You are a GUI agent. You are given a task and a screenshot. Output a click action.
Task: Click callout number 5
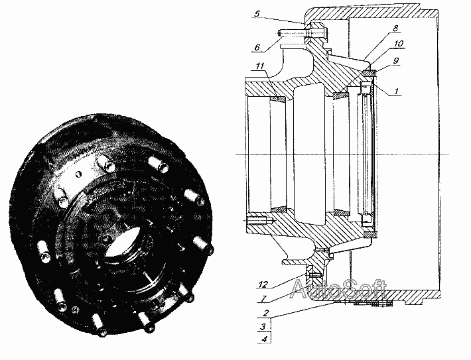tap(257, 14)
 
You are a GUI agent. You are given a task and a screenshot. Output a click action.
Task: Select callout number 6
tap(257, 48)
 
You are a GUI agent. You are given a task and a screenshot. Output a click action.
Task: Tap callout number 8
tap(395, 29)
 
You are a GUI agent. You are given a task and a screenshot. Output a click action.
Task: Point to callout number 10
tap(399, 44)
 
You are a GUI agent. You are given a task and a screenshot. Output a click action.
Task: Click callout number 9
tap(396, 60)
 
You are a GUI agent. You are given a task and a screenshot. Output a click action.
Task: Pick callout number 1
tap(397, 91)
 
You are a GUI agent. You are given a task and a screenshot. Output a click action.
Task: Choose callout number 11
tap(260, 66)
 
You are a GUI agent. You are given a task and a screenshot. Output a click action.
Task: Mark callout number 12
tap(263, 284)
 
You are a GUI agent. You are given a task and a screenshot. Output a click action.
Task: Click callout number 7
tap(264, 299)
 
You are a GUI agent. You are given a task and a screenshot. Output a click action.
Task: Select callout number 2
tap(265, 313)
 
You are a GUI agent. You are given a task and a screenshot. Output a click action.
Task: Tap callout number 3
tap(263, 326)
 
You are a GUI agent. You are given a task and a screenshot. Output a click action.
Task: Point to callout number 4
tap(264, 339)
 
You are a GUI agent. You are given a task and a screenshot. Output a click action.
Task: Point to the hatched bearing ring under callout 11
tap(278, 99)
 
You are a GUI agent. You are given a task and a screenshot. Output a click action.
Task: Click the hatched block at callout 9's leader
tap(369, 73)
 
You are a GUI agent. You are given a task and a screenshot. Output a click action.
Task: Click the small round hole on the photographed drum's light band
tap(78, 174)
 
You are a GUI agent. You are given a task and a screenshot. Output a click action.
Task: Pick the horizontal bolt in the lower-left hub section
tap(258, 221)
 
